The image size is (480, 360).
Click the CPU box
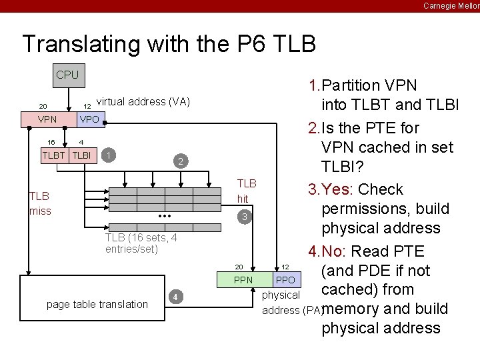67,75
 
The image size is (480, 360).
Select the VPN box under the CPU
47,119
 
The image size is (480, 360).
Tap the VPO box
89,119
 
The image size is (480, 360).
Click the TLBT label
54,155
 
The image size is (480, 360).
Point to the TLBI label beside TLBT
81,155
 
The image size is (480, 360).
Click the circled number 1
110,155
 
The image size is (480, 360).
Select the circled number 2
179,161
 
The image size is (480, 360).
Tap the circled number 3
245,217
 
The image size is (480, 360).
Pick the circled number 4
174,297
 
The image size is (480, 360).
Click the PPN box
243,280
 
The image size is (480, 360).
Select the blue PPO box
285,280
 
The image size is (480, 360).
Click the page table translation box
97,304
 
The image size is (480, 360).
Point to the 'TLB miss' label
39,203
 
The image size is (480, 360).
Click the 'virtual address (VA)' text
143,102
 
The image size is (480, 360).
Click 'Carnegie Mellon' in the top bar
451,5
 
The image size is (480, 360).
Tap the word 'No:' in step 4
335,251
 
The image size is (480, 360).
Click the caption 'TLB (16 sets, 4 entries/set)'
141,243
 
